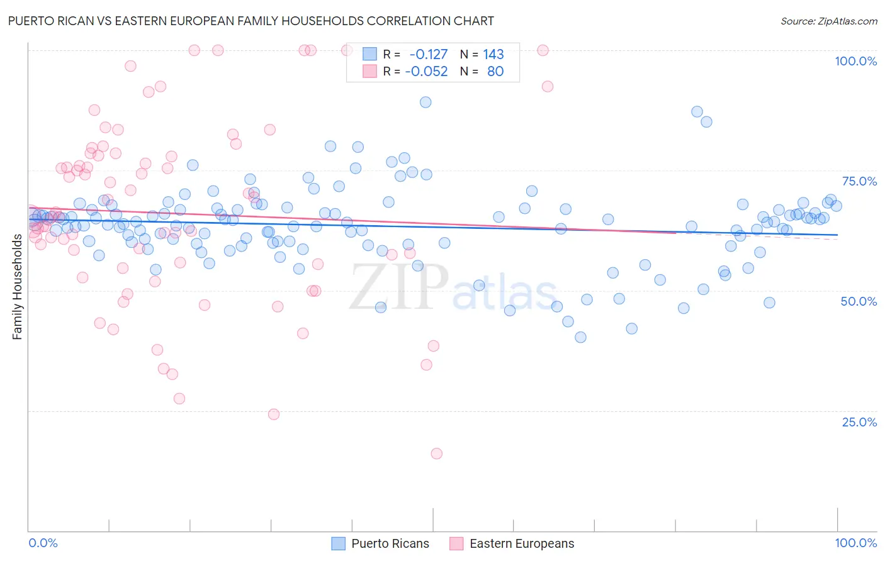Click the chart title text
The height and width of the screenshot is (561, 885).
(251, 21)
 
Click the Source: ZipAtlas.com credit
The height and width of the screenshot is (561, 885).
(828, 21)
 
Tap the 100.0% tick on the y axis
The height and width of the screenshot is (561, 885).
(855, 61)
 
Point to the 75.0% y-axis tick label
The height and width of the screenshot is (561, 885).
(859, 181)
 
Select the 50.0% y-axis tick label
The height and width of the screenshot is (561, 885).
(859, 301)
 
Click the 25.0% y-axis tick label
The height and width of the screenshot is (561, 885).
(859, 422)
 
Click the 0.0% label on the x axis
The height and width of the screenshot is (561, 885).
(43, 543)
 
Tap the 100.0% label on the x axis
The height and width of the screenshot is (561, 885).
(855, 543)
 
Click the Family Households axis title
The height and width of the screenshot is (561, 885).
(18, 287)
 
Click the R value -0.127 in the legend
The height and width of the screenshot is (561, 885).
(428, 55)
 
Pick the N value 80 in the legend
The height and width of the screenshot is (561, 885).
(495, 72)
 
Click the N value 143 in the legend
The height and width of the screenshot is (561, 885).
(493, 55)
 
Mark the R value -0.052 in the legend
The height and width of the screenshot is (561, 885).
(426, 72)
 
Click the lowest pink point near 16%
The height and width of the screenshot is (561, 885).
(436, 453)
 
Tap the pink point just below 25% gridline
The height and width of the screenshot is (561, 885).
(274, 414)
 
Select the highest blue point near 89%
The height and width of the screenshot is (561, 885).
(426, 102)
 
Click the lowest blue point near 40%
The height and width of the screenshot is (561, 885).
(580, 337)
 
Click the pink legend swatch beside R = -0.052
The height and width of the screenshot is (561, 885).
(369, 72)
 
